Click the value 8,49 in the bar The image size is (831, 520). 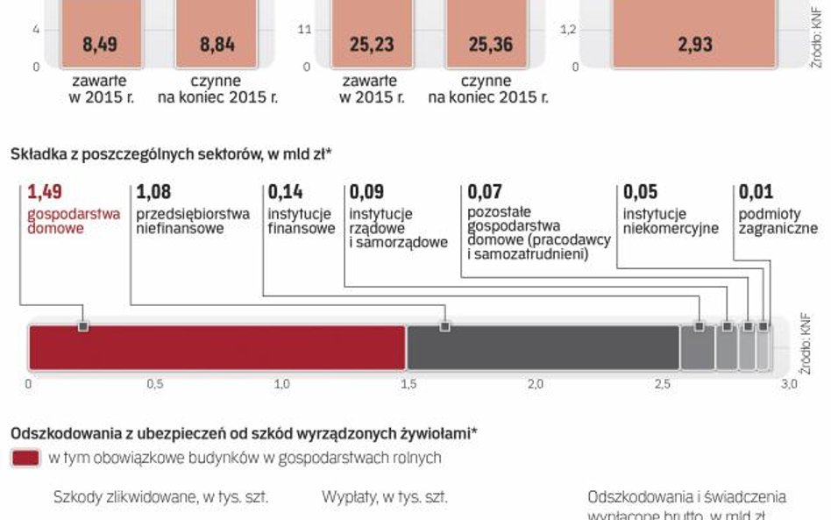point(101,43)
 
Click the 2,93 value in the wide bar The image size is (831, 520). point(695,43)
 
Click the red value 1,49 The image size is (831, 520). point(46,191)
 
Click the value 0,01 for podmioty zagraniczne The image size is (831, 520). point(756,191)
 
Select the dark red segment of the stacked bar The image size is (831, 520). point(217,347)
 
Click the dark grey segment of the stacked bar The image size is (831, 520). point(543,347)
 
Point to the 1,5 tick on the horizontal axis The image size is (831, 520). point(408,384)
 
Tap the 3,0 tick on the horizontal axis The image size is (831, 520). point(789,384)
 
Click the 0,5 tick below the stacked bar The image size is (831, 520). point(155,384)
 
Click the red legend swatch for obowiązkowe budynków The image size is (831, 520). point(25,457)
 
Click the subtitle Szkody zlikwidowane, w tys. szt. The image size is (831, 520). point(160,497)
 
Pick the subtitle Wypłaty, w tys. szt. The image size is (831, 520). point(385,497)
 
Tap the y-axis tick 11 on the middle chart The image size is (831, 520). point(305,30)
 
